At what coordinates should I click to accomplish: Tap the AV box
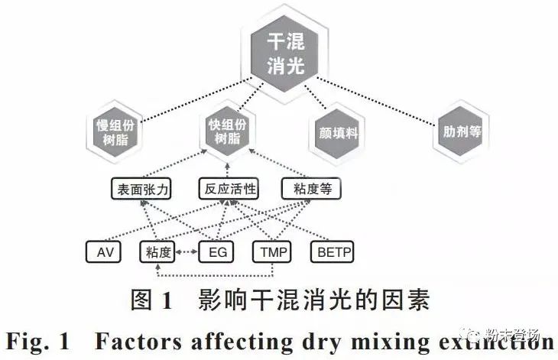click(x=103, y=251)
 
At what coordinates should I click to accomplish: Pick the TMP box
click(x=272, y=251)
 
